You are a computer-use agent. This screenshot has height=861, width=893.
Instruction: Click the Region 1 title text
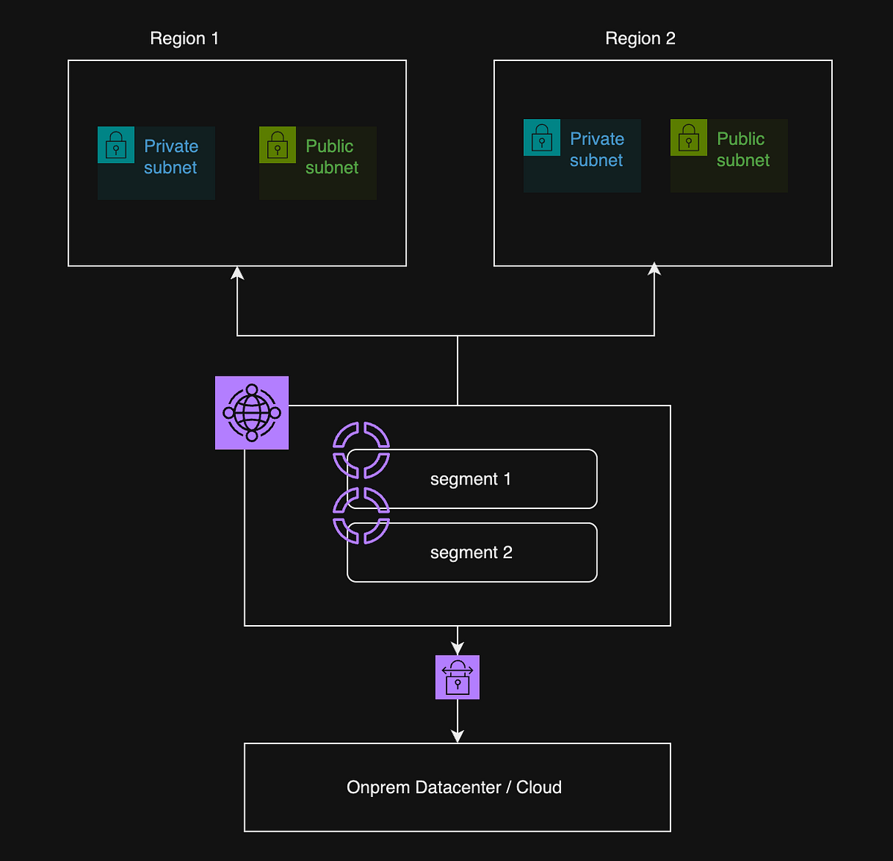pyautogui.click(x=185, y=39)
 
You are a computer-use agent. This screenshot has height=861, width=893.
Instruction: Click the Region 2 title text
pyautogui.click(x=640, y=39)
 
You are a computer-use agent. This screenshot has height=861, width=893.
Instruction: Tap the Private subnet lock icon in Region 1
pyautogui.click(x=116, y=145)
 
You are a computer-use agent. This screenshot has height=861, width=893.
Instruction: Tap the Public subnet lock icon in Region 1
pyautogui.click(x=278, y=145)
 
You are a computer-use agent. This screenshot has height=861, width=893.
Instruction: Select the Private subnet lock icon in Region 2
pyautogui.click(x=542, y=138)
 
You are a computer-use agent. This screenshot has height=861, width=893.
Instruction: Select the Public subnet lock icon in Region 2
pyautogui.click(x=688, y=138)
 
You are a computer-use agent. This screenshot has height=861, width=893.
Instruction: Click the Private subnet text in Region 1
pyautogui.click(x=171, y=157)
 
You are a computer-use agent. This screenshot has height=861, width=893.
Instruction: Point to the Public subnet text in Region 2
pyautogui.click(x=742, y=150)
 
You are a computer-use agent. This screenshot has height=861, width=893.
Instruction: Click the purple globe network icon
pyautogui.click(x=252, y=412)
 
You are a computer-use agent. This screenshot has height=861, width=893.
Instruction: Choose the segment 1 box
pyautogui.click(x=472, y=479)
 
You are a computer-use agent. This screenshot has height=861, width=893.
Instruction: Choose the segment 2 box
pyautogui.click(x=472, y=553)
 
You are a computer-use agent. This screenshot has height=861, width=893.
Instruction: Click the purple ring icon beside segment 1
pyautogui.click(x=361, y=449)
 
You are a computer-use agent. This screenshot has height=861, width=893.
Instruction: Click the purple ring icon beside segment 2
pyautogui.click(x=361, y=516)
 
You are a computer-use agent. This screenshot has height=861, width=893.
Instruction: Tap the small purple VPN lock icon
pyautogui.click(x=457, y=677)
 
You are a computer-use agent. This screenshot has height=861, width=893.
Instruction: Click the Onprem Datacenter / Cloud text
pyautogui.click(x=454, y=787)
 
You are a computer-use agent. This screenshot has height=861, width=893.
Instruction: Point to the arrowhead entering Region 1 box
pyautogui.click(x=237, y=273)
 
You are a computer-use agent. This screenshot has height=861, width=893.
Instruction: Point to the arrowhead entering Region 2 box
pyautogui.click(x=654, y=269)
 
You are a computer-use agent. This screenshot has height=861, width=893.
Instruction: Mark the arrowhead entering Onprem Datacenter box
pyautogui.click(x=457, y=736)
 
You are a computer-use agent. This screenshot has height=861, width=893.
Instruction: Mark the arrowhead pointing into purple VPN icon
pyautogui.click(x=457, y=649)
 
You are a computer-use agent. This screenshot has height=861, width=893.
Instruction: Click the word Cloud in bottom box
pyautogui.click(x=539, y=787)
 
